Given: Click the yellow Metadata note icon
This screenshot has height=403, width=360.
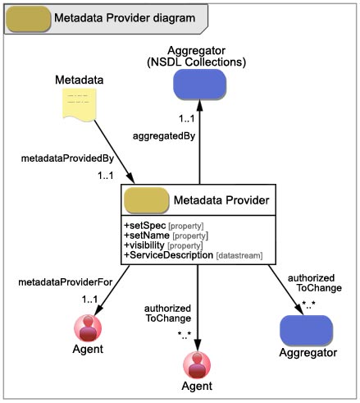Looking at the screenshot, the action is [80, 104].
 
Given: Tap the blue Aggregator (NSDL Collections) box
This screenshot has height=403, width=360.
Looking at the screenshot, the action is [200, 85].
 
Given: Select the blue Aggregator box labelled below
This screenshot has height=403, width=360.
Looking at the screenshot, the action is [307, 330].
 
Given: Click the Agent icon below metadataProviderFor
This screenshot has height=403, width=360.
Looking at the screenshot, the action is [88, 328].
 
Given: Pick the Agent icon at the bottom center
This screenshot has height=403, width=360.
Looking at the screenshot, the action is [197, 365].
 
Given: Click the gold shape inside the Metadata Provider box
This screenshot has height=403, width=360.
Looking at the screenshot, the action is [147, 200].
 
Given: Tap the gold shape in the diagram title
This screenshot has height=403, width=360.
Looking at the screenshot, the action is [29, 19].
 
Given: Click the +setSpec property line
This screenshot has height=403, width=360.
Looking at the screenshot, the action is [164, 226].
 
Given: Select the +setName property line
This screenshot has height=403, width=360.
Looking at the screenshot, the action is [166, 236].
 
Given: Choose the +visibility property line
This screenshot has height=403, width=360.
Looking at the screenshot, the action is [163, 245].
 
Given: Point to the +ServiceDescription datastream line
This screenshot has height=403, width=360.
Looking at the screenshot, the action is [194, 255].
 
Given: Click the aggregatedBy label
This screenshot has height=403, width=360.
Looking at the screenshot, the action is [164, 136].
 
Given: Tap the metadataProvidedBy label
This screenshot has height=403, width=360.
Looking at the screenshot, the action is [67, 158].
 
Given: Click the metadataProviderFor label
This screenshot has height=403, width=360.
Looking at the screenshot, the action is [66, 282].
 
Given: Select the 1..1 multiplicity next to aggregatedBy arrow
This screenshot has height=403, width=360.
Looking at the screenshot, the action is [187, 119].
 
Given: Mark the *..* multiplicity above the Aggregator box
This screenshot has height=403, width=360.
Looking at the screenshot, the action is [308, 305].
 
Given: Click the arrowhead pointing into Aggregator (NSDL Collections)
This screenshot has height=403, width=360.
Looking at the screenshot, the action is [200, 105].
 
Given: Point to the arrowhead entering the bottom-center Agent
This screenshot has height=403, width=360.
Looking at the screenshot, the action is [198, 346].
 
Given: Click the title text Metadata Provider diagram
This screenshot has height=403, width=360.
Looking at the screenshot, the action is [125, 18].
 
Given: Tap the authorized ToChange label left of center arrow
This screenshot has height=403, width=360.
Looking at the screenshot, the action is [168, 314].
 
